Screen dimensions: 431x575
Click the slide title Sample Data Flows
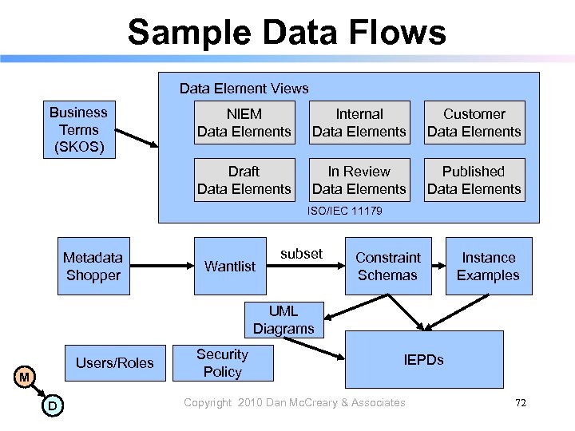[287, 33]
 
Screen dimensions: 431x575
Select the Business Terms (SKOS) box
[78, 130]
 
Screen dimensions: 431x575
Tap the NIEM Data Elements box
[244, 122]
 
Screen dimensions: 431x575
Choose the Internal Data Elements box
[359, 122]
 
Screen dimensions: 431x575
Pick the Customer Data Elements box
[474, 122]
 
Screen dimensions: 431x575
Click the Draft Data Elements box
[244, 180]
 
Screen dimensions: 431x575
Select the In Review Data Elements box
[359, 180]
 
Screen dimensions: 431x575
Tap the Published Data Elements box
[474, 180]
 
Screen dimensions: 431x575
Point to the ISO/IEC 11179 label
[345, 212]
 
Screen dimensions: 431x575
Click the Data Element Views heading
[244, 89]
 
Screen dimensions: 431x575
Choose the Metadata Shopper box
[93, 266]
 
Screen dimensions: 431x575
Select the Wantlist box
[230, 266]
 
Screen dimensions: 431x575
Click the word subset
[301, 254]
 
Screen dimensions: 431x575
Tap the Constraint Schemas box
[388, 266]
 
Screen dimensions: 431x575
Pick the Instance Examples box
[488, 266]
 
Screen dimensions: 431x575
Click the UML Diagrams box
[284, 319]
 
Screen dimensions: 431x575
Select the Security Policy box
[223, 363]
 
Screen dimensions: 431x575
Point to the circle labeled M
[25, 377]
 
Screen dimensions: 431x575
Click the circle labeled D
[51, 405]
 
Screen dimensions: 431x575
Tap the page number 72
[521, 403]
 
